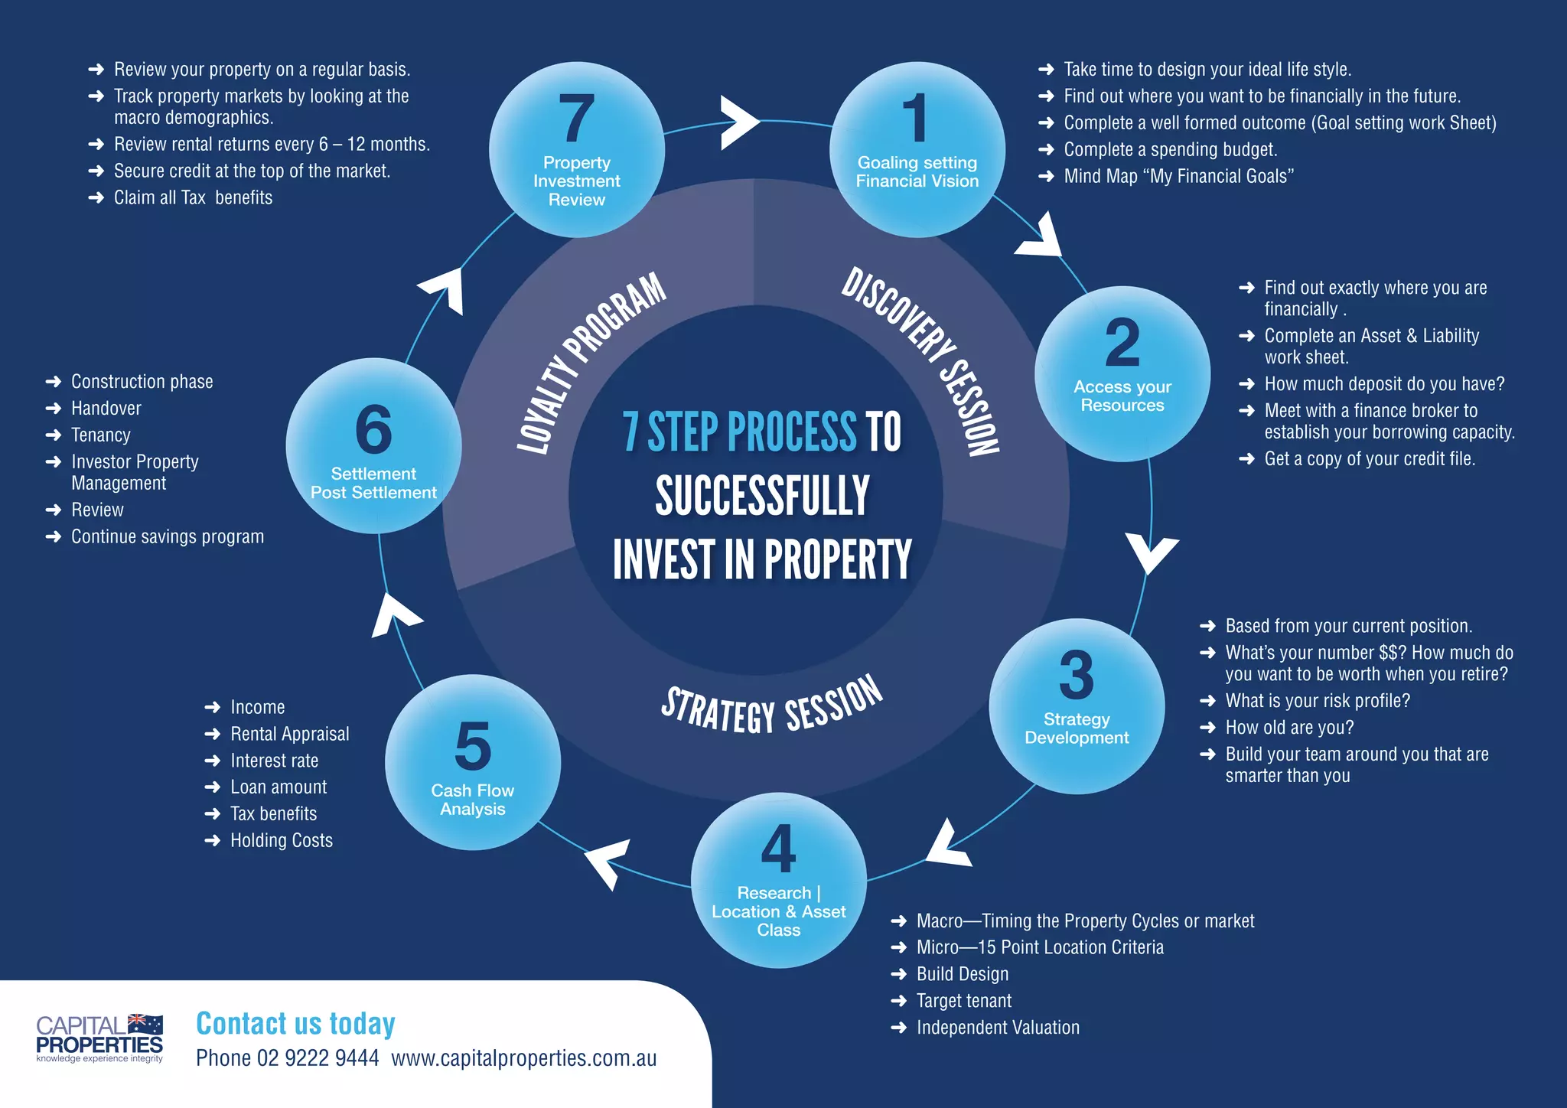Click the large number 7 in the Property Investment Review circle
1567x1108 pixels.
click(x=577, y=118)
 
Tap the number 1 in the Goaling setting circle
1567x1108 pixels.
click(x=915, y=118)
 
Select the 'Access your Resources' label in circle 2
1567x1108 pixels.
click(x=1122, y=396)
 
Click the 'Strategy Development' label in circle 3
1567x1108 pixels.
click(x=1077, y=728)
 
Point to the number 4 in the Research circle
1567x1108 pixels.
click(x=778, y=849)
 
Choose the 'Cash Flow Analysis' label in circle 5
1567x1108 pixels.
click(x=473, y=800)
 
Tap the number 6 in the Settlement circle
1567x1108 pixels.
click(x=373, y=429)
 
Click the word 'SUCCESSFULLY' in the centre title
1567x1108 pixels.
click(x=762, y=496)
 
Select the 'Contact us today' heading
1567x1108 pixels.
click(x=295, y=1024)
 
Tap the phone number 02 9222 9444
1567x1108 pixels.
click(x=318, y=1058)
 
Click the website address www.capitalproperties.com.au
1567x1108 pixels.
click(x=524, y=1058)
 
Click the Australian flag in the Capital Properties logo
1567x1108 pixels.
click(x=145, y=1024)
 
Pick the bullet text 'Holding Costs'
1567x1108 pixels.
click(x=282, y=840)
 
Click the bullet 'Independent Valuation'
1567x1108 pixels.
click(x=998, y=1028)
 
